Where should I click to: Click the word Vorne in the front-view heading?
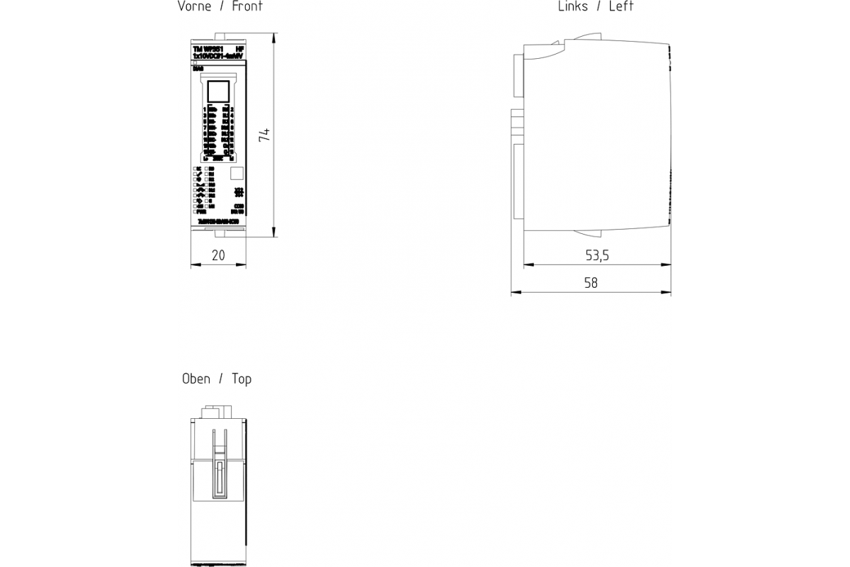pyautogui.click(x=194, y=6)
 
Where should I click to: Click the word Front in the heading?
pyautogui.click(x=247, y=6)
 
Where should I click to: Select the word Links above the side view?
pyautogui.click(x=572, y=6)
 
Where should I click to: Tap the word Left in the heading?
pyautogui.click(x=621, y=6)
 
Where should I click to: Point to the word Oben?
pyautogui.click(x=196, y=379)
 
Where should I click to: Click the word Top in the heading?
pyautogui.click(x=242, y=379)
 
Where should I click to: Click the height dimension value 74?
pyautogui.click(x=264, y=135)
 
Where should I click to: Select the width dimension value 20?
pyautogui.click(x=218, y=255)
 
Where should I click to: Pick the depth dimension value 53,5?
pyautogui.click(x=597, y=255)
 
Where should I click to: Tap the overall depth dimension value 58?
pyautogui.click(x=591, y=283)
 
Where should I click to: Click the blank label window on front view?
pyautogui.click(x=217, y=92)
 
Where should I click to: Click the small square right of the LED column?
pyautogui.click(x=237, y=172)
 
